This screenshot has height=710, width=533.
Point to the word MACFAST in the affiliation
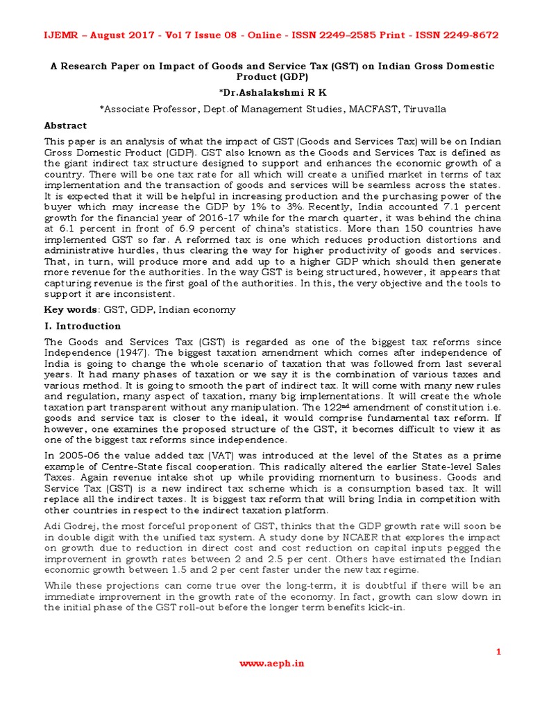pos(366,109)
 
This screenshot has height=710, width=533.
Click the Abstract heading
pos(65,125)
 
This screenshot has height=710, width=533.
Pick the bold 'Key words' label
pos(67,309)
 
